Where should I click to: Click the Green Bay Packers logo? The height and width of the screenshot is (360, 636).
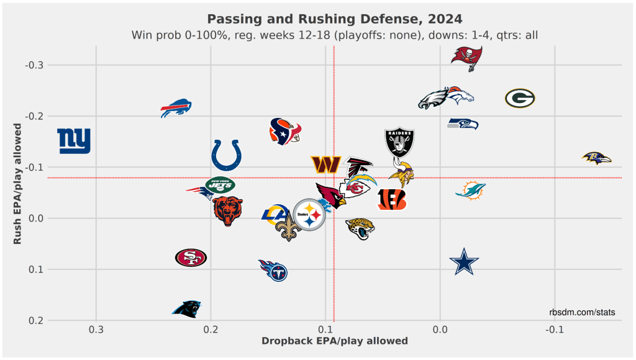[520, 98]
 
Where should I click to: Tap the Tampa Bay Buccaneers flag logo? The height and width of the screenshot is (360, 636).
[467, 58]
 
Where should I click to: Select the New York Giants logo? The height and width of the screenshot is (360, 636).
[74, 141]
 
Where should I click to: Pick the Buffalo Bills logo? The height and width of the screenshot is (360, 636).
[176, 108]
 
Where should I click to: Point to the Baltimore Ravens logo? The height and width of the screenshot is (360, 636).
[596, 158]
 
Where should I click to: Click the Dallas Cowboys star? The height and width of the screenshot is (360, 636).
[464, 261]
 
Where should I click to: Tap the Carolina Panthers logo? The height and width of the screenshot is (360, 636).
[186, 309]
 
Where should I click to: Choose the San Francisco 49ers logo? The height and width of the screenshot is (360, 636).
[191, 258]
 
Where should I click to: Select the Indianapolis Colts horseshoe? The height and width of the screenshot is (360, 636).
[226, 155]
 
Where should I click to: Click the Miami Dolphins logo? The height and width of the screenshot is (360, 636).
[471, 191]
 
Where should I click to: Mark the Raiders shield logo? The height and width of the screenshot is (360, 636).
[399, 142]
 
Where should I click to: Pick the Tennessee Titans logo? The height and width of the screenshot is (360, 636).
[273, 271]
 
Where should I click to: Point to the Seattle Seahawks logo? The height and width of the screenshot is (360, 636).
[463, 124]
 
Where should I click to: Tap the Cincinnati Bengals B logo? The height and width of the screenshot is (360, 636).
[392, 199]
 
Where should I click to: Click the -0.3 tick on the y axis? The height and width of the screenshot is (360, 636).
[34, 65]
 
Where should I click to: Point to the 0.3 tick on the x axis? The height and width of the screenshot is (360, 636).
[96, 330]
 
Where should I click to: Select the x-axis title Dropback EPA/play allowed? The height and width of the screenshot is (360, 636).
[335, 341]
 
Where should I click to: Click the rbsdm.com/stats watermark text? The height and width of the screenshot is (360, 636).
[582, 312]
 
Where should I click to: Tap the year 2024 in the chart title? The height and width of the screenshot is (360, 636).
[445, 19]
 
